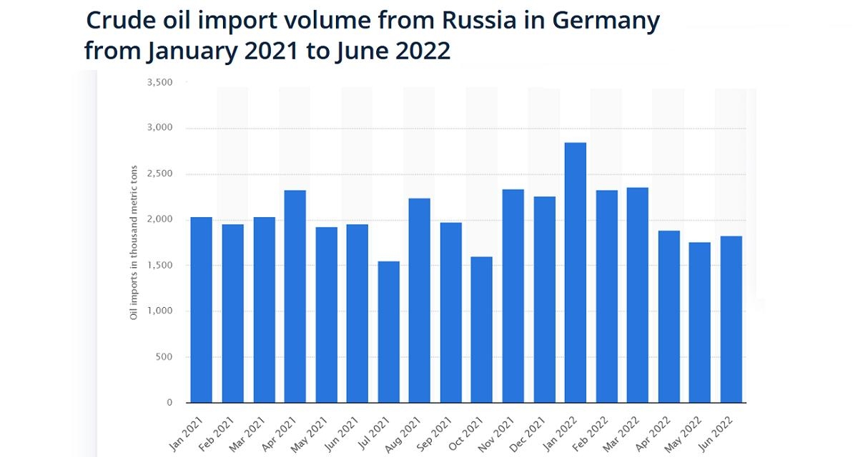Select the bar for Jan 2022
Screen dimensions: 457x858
tap(576, 272)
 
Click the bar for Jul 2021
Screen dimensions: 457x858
tap(388, 331)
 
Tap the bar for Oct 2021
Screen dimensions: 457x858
tap(482, 329)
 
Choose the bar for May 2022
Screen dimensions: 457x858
tap(700, 322)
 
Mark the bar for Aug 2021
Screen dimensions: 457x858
tap(420, 300)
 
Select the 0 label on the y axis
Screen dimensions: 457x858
tap(170, 403)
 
